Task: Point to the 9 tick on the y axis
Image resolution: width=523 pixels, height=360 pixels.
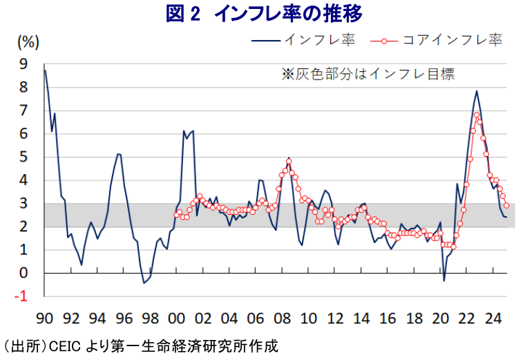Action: tap(24, 64)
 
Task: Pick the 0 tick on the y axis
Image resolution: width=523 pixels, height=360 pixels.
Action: tap(24, 274)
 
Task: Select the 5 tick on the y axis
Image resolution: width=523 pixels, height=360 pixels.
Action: tap(24, 158)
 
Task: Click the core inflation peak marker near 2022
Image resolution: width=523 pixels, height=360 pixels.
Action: tap(477, 115)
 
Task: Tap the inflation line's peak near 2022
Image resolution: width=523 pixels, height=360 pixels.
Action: tap(476, 91)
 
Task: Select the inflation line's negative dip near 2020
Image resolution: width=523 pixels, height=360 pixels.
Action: tap(444, 281)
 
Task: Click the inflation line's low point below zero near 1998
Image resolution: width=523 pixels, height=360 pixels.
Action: tap(144, 283)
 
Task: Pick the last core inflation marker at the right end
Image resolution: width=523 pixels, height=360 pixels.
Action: tap(506, 205)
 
